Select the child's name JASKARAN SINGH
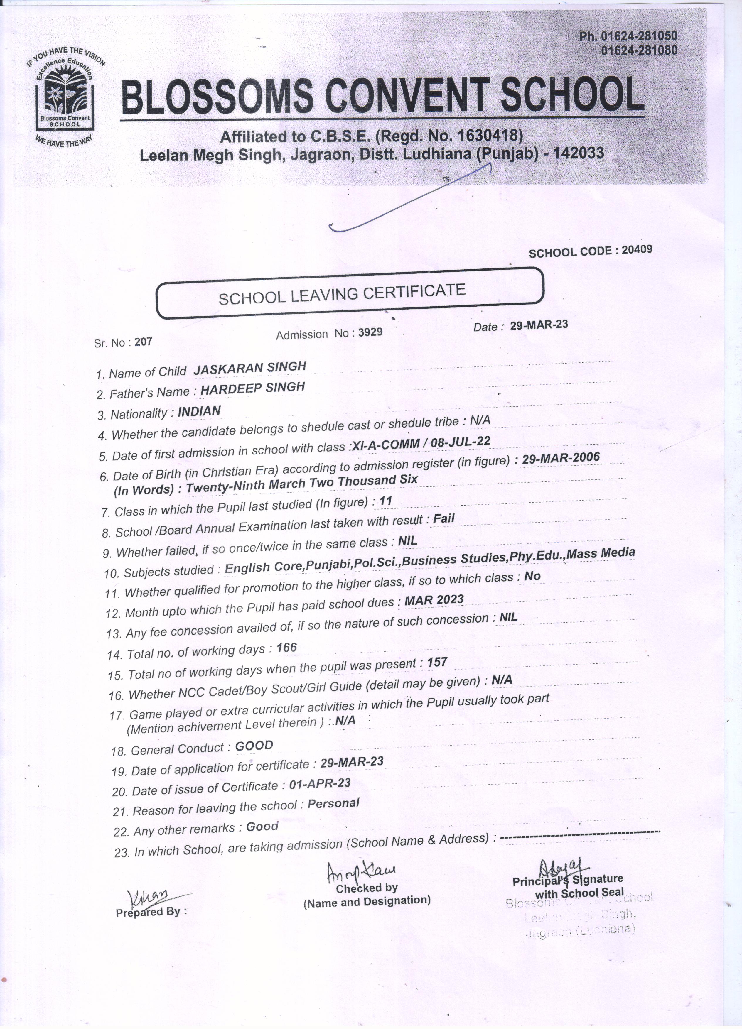[249, 367]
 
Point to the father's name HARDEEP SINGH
[253, 388]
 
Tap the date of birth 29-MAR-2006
[561, 458]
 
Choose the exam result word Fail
[443, 518]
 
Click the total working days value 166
[286, 648]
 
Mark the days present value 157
[437, 663]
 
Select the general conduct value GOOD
[254, 746]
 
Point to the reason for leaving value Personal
[333, 803]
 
